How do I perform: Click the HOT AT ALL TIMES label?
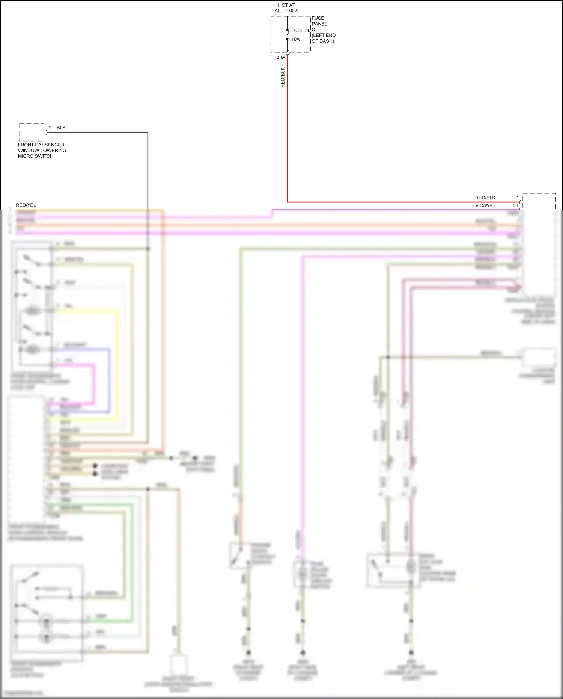coord(286,8)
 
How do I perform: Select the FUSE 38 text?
coord(301,30)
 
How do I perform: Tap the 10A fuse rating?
coord(295,39)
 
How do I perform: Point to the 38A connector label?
coord(281,57)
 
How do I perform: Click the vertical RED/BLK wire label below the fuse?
coord(283,77)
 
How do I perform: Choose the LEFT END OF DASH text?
coord(323,38)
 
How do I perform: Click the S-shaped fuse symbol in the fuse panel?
coord(287,35)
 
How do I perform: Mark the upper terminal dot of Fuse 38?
coord(287,30)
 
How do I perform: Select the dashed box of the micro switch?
coord(32,132)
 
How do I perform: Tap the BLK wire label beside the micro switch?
coord(61,128)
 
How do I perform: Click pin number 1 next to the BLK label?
coord(50,128)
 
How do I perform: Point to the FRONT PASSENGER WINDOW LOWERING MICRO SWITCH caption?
coord(42,150)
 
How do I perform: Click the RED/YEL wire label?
coord(26,205)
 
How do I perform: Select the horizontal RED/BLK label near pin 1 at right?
coord(485,198)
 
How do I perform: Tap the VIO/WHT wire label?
coord(485,205)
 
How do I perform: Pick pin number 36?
coord(515,205)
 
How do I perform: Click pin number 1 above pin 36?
coord(517,198)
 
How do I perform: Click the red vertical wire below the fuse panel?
coord(288,131)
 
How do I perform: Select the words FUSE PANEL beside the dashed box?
coord(319,21)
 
